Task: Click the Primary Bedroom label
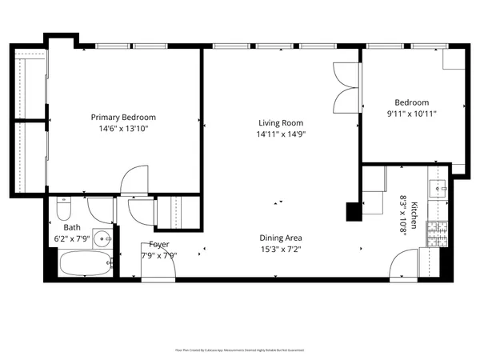pyautogui.click(x=122, y=117)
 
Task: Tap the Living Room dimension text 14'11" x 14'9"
pyautogui.click(x=280, y=134)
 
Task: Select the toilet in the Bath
pyautogui.click(x=65, y=210)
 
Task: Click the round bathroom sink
pyautogui.click(x=102, y=238)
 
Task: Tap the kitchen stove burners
pyautogui.click(x=436, y=233)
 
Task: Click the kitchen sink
pyautogui.click(x=437, y=189)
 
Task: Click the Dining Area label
pyautogui.click(x=280, y=238)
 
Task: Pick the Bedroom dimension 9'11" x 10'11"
pyautogui.click(x=411, y=114)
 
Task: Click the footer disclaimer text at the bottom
pyautogui.click(x=240, y=350)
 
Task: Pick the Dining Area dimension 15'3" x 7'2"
pyautogui.click(x=280, y=249)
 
